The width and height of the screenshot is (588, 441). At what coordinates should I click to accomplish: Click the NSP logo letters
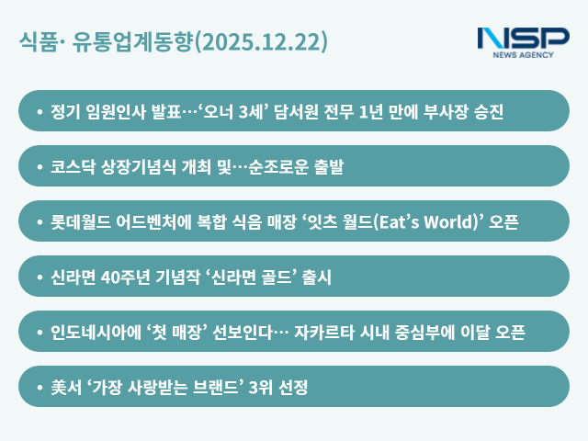(524, 40)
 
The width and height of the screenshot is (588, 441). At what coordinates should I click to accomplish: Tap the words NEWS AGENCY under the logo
(524, 55)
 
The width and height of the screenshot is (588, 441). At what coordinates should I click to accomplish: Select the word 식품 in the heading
(39, 42)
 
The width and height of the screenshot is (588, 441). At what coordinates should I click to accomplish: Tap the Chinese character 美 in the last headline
(59, 387)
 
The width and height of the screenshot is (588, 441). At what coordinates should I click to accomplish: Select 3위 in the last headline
(263, 387)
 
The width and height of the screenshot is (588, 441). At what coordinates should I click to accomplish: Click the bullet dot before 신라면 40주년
(40, 277)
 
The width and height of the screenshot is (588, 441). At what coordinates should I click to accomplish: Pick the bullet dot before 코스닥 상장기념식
(40, 166)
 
